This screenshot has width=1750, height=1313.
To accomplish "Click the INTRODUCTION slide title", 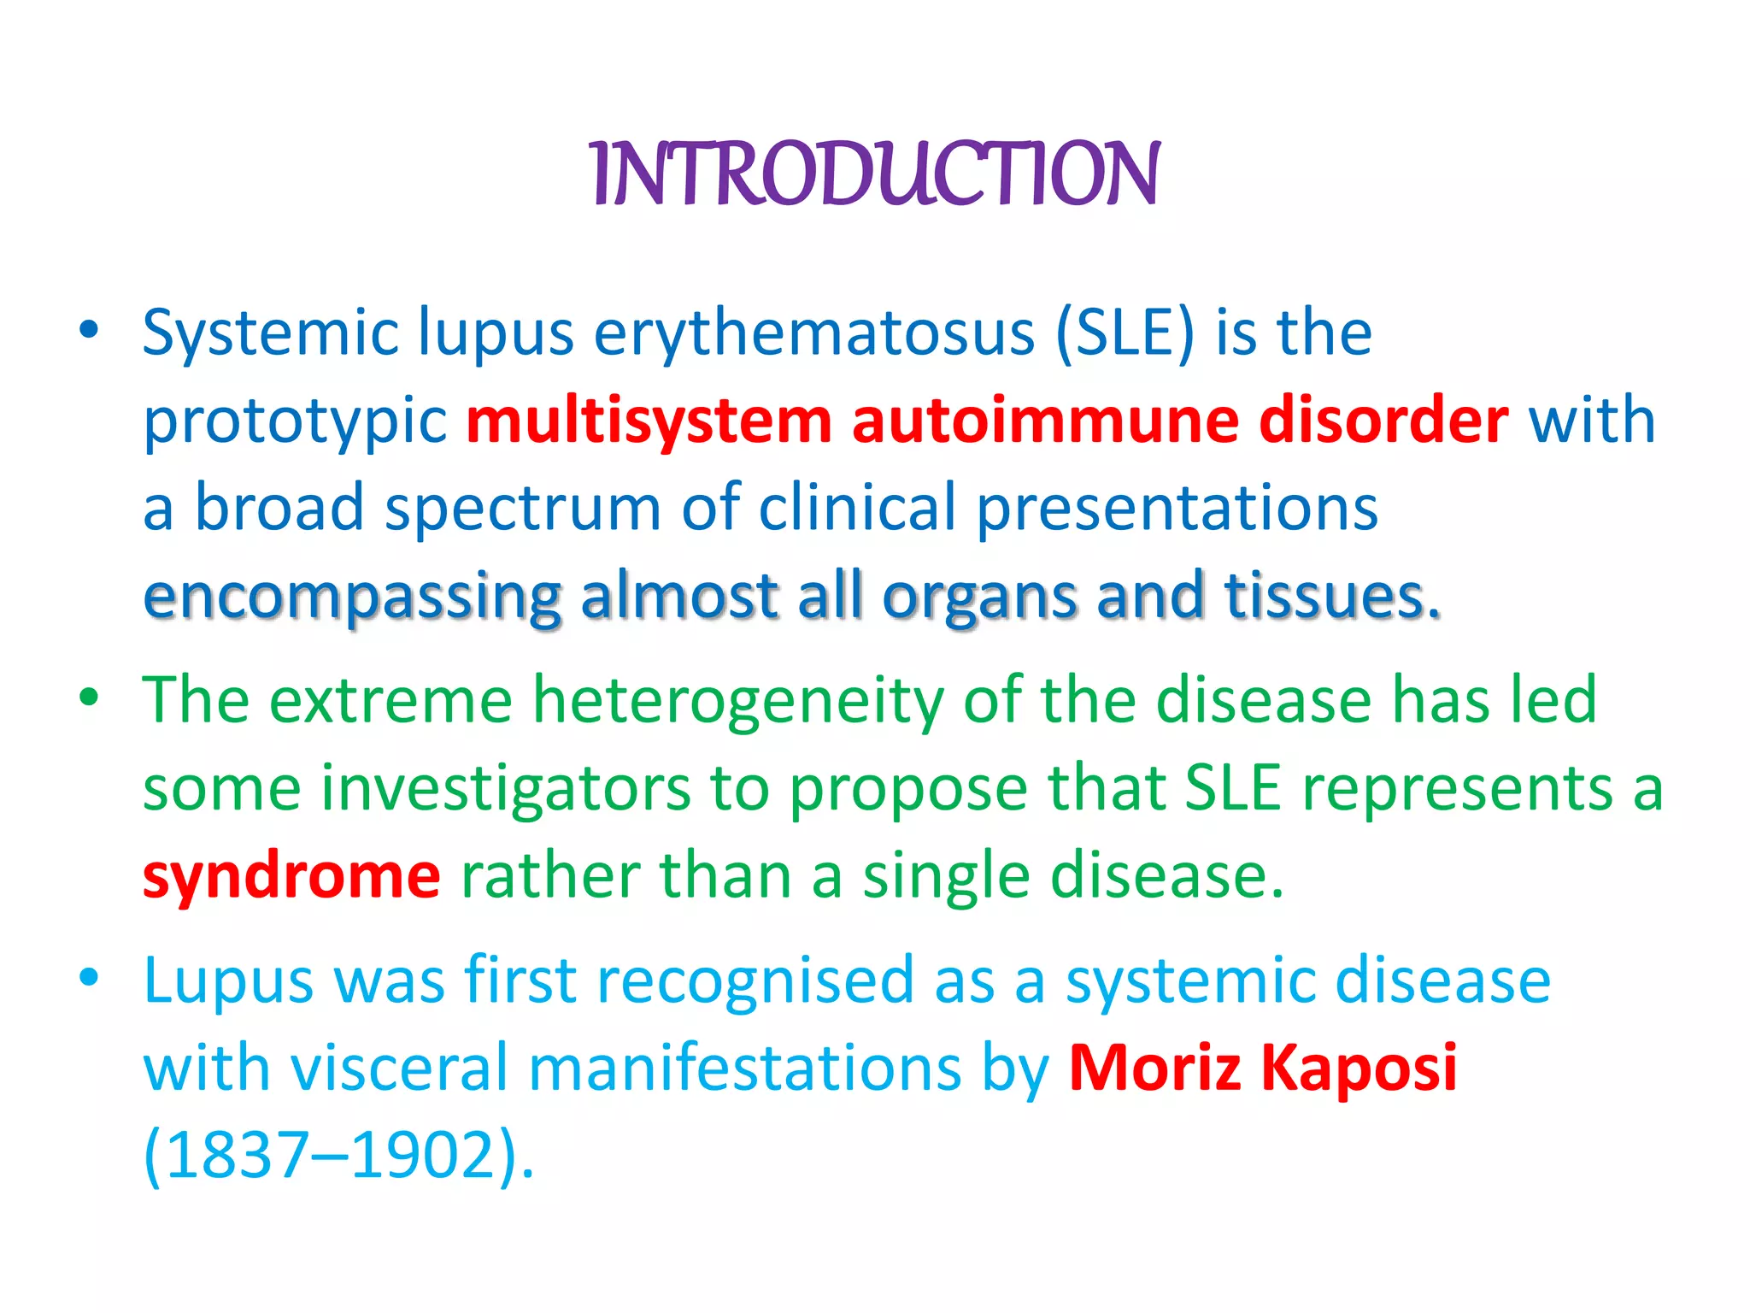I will pos(875,174).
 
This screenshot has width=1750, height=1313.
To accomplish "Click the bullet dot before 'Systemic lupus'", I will pos(89,330).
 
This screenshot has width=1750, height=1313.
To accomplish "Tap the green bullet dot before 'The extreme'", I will pos(89,698).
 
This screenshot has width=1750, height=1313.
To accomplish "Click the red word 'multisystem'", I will pos(649,421).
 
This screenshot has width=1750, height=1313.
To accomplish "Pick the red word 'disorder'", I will pos(1383,421).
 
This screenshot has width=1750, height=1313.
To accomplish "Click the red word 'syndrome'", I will pos(291,875).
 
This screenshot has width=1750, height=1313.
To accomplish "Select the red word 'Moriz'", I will pos(1154,1068).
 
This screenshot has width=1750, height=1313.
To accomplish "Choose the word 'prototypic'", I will pos(295,422).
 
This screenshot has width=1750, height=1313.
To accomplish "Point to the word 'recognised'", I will pos(755,980).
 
